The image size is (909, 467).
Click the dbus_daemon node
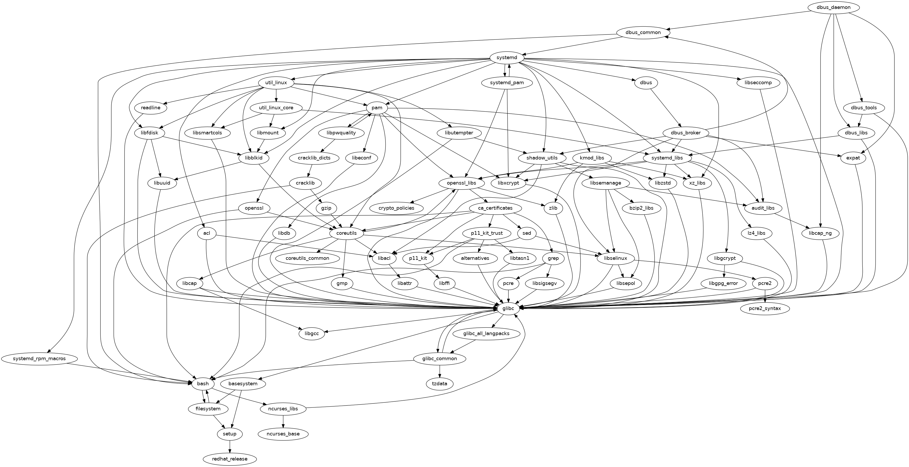pos(833,7)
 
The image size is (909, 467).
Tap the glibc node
pos(508,308)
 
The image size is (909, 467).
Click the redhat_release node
pos(230,459)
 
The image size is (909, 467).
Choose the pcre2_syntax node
pos(764,308)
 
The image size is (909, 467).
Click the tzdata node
pos(439,383)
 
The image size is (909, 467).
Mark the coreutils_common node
pos(307,258)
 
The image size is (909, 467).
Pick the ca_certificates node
pos(495,208)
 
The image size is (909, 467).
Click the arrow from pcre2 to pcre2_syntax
pos(764,296)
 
